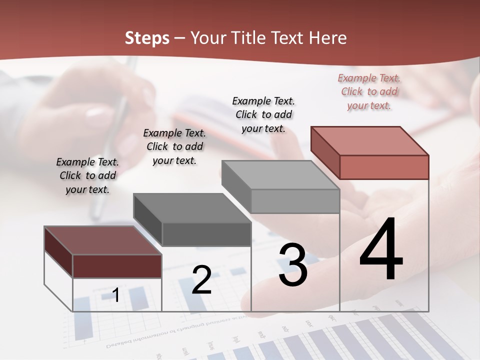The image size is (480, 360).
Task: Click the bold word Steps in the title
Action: tap(147, 38)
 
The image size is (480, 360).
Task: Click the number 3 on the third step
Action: tap(292, 265)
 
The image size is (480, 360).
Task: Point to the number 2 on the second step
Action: tap(201, 280)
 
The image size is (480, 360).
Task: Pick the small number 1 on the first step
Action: tap(115, 295)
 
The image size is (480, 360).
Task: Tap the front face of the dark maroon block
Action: tap(117, 266)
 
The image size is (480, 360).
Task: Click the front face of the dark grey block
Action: tap(206, 234)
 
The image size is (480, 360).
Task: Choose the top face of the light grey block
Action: tap(280, 175)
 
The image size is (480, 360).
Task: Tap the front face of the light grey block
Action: tap(295, 201)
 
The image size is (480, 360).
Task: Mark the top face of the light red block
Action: tap(369, 140)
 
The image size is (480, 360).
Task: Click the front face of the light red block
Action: tap(384, 167)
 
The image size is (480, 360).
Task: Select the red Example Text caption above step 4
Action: tap(369, 91)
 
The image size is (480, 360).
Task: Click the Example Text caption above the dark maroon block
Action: tap(87, 175)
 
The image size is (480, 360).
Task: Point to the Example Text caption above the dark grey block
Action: tap(174, 146)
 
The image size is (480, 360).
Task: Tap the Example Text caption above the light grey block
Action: tap(263, 114)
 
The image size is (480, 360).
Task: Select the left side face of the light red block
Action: tap(325, 152)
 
